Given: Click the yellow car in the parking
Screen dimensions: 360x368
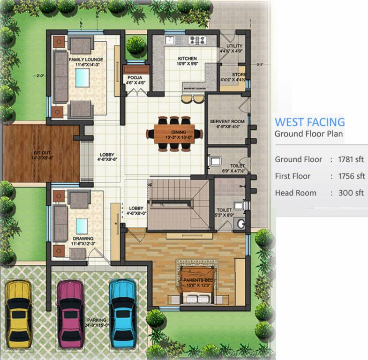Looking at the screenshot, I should [x=18, y=308].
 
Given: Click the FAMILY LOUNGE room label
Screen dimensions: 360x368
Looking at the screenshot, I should [x=86, y=60].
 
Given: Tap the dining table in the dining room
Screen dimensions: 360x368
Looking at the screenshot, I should [x=174, y=134].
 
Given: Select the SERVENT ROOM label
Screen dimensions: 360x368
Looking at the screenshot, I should [x=227, y=121].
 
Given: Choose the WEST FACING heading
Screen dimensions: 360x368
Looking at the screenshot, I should [x=309, y=122].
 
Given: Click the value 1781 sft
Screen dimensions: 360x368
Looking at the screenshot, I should [x=351, y=159].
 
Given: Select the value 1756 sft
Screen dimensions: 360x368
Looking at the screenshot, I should [x=351, y=176].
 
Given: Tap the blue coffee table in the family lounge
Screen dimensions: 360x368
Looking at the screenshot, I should [x=82, y=78].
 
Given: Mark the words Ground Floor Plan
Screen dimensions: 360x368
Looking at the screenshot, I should [x=308, y=134].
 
